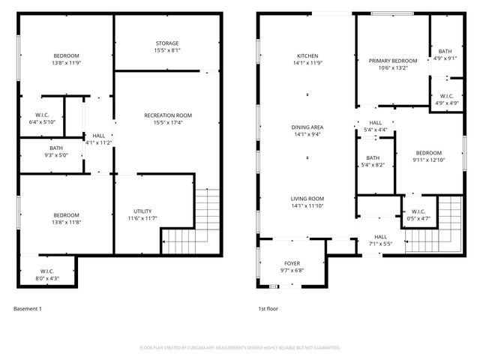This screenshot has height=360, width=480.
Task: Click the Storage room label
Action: tap(167, 43)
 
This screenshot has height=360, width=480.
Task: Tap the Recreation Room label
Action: tap(168, 115)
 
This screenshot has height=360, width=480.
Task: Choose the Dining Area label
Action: tap(307, 127)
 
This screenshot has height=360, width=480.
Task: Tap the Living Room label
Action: tap(307, 199)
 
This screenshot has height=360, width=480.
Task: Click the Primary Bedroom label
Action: tap(393, 61)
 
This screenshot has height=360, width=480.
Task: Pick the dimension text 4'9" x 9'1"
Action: tap(445, 58)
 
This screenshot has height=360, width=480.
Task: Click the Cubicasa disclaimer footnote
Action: tap(240, 348)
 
